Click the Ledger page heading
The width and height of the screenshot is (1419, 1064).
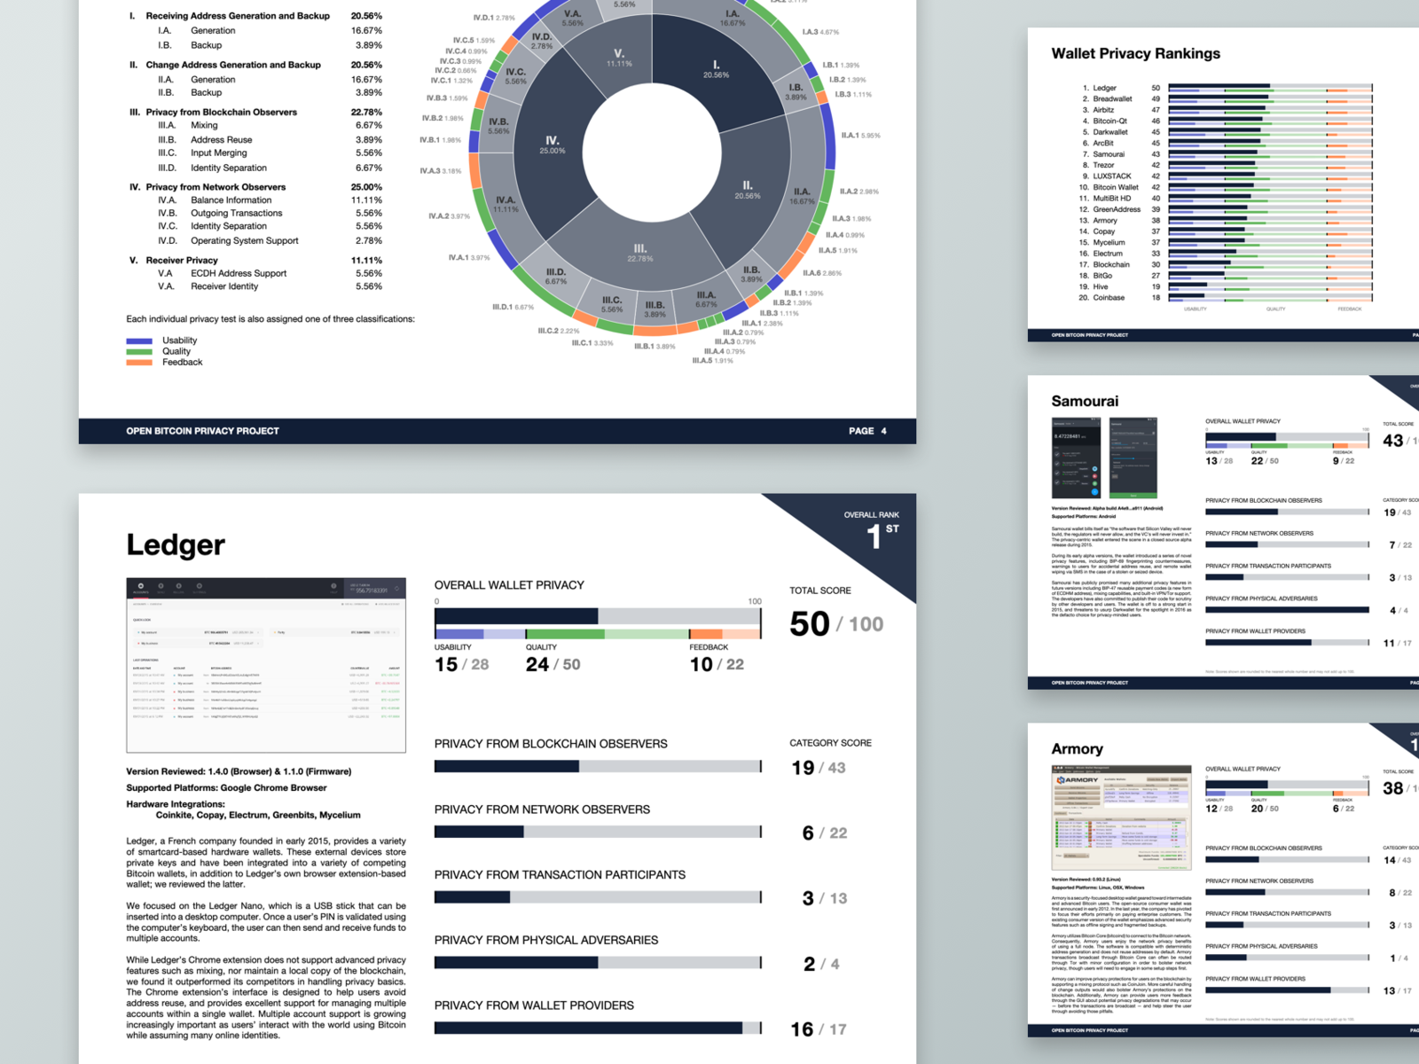(176, 544)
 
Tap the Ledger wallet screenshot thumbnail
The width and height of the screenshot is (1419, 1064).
(266, 665)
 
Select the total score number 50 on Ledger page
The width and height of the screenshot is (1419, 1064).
(810, 624)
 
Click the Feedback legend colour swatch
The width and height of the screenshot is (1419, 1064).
(139, 362)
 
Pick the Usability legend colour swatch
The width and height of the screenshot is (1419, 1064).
(139, 340)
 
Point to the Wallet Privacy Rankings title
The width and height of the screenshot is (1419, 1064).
(1135, 54)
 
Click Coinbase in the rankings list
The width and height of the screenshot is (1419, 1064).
(1109, 298)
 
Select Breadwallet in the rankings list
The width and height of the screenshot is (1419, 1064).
(1112, 99)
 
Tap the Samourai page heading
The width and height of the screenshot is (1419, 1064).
(1085, 402)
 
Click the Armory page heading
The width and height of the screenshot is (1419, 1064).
(1077, 749)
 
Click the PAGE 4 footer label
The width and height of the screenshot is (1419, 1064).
(866, 431)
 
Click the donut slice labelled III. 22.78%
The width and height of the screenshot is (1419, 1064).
(639, 253)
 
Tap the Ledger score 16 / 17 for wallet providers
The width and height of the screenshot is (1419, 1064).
(818, 1029)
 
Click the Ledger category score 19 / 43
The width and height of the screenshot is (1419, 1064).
(818, 768)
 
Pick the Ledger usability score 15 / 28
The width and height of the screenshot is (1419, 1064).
(461, 664)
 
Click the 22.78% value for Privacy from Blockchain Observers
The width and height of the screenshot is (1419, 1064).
(366, 113)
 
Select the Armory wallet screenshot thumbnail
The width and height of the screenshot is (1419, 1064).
(1121, 817)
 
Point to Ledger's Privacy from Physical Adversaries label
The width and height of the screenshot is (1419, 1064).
(545, 940)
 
